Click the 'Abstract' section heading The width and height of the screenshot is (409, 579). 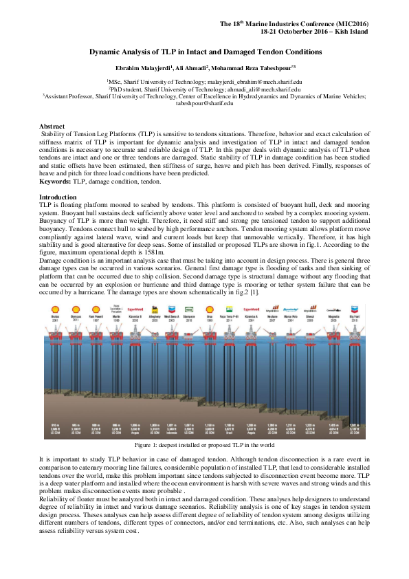pyautogui.click(x=52, y=127)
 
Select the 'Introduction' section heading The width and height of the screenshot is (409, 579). pyautogui.click(x=57, y=198)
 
